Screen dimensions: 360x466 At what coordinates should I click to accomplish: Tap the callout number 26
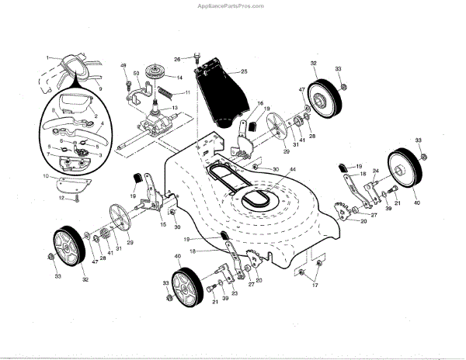(177, 59)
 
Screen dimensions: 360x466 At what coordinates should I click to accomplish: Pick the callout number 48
(123, 64)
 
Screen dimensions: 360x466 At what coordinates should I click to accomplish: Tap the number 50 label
(137, 74)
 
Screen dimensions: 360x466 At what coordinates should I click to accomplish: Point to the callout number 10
(47, 178)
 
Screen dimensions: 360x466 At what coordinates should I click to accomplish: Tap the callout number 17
(315, 286)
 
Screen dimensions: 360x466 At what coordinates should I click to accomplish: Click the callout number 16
(260, 103)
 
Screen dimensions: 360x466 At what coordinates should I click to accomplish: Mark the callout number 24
(375, 171)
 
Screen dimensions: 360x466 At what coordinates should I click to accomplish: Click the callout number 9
(100, 89)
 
